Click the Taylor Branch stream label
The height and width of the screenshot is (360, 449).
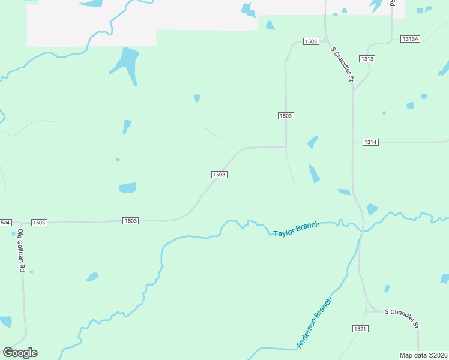[x=297, y=229]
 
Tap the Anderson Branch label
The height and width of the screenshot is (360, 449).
[x=314, y=322]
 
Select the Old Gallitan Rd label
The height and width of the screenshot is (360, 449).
[x=20, y=251]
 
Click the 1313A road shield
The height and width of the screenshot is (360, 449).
[x=409, y=39]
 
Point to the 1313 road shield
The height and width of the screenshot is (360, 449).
[x=367, y=59]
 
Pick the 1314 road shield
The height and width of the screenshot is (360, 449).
[x=370, y=142]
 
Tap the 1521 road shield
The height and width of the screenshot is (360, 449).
[x=360, y=329]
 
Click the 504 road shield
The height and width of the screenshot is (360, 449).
[x=5, y=223]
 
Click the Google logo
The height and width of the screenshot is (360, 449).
[x=20, y=353]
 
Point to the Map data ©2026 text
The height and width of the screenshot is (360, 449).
[x=423, y=355]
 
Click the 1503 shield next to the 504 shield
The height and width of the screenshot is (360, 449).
[x=39, y=223]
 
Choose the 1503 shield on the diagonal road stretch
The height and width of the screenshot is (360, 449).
[x=218, y=175]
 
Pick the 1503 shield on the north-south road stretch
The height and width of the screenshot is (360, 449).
[x=286, y=115]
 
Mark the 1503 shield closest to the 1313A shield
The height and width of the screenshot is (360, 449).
[x=311, y=41]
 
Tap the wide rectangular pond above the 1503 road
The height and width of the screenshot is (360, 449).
[x=127, y=188]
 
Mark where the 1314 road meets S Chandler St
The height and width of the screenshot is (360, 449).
[x=353, y=143]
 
